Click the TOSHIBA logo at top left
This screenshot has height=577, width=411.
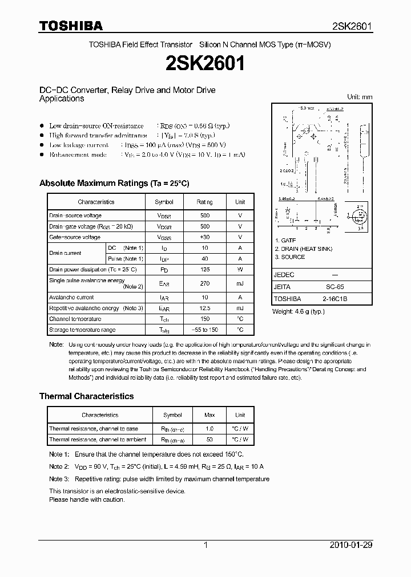click(x=71, y=26)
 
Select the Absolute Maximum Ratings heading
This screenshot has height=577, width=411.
click(x=114, y=183)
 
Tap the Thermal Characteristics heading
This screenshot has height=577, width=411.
click(x=86, y=396)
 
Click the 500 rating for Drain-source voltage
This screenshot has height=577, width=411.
click(x=205, y=216)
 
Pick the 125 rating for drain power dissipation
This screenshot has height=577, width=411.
click(x=205, y=269)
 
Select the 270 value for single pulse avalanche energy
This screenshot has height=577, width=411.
click(x=205, y=283)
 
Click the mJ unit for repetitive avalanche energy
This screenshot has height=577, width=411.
click(x=240, y=308)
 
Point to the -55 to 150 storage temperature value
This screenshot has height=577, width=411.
click(x=205, y=330)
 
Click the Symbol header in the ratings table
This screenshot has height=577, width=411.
click(x=164, y=202)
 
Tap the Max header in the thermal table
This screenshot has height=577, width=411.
click(x=209, y=415)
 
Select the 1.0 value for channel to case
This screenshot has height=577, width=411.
click(x=209, y=429)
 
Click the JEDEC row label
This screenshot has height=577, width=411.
click(x=284, y=275)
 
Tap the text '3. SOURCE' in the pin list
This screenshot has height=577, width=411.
click(x=290, y=257)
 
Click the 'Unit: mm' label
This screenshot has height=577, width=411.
click(x=360, y=97)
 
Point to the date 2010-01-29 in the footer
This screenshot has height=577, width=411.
click(x=351, y=545)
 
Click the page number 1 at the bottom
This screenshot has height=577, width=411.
click(x=205, y=545)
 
